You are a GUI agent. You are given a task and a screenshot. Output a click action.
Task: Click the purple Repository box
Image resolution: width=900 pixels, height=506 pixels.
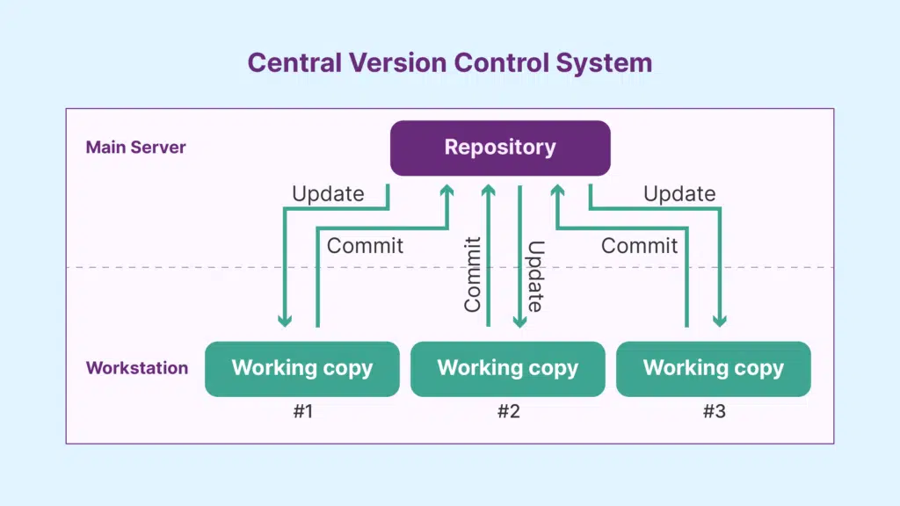pos(500,148)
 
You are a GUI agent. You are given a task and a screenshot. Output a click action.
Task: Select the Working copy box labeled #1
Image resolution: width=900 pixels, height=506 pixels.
pos(301,369)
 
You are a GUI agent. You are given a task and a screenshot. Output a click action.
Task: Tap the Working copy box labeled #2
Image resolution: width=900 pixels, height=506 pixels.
pos(507,369)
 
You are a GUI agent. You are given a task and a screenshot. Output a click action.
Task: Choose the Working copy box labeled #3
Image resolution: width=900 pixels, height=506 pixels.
pos(713,369)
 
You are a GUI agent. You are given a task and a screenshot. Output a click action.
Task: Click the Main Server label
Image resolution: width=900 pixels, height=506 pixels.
pos(135,148)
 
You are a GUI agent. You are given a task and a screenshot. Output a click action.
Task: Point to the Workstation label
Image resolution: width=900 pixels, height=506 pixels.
pos(136,368)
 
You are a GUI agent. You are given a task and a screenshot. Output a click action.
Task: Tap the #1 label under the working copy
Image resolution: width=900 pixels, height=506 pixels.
pos(302,411)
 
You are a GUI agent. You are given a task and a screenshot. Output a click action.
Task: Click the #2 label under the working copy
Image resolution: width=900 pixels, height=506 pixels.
pos(508,411)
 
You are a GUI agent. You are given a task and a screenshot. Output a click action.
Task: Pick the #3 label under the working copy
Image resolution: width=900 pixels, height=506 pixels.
pos(714,411)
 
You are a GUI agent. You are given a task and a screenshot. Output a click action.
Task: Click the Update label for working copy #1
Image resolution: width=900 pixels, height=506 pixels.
pos(328,194)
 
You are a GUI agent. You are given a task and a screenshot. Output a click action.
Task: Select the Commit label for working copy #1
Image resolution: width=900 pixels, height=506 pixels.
pos(365,246)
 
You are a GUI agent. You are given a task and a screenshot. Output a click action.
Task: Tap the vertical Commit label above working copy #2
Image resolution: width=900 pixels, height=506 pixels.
pos(473,274)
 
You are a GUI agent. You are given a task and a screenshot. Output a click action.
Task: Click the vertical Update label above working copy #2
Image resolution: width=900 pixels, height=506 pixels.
pos(534,276)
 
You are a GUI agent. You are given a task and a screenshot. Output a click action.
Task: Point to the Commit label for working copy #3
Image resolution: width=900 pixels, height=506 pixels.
pos(639,246)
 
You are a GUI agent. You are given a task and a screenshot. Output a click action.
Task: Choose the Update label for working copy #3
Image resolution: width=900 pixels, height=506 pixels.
pos(679,194)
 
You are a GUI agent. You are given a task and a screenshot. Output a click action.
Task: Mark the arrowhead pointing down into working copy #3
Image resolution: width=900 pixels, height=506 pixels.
pos(720,321)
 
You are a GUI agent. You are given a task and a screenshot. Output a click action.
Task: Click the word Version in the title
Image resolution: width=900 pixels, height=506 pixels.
pos(400,63)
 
